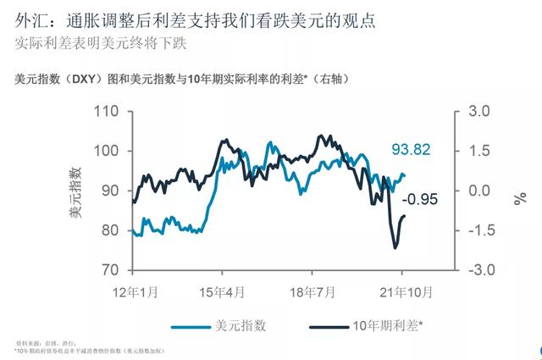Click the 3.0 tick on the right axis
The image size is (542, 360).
tap(479, 111)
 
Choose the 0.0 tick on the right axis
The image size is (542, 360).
tap(479, 191)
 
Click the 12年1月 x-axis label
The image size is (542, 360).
tap(135, 292)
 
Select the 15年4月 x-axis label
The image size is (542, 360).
tap(223, 292)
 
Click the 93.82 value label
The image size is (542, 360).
tap(411, 150)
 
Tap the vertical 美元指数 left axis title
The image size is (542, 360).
tap(76, 191)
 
